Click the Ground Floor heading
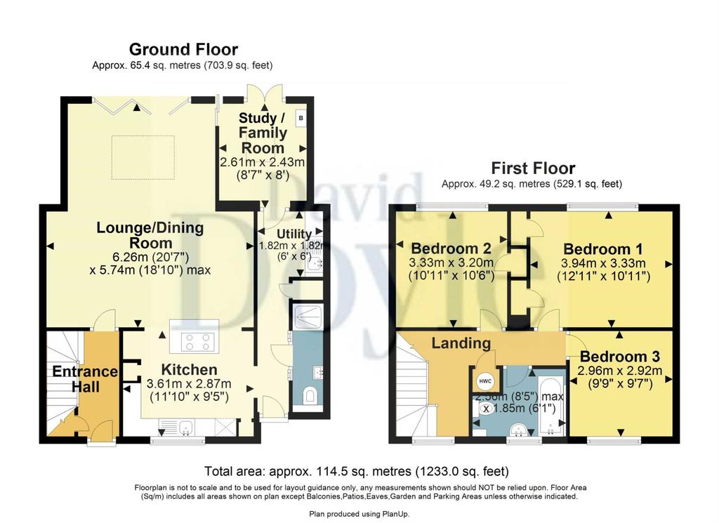[x=183, y=49]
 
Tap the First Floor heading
[x=533, y=168]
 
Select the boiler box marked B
[x=301, y=118]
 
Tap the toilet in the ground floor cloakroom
[x=310, y=395]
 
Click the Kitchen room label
[x=189, y=369]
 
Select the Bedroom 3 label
[x=619, y=356]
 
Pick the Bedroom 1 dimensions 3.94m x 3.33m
[x=603, y=263]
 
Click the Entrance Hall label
[x=85, y=379]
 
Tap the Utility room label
[x=294, y=234]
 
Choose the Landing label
[x=461, y=343]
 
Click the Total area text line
[x=356, y=471]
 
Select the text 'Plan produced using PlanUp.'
[x=359, y=515]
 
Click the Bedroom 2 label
[x=451, y=249]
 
